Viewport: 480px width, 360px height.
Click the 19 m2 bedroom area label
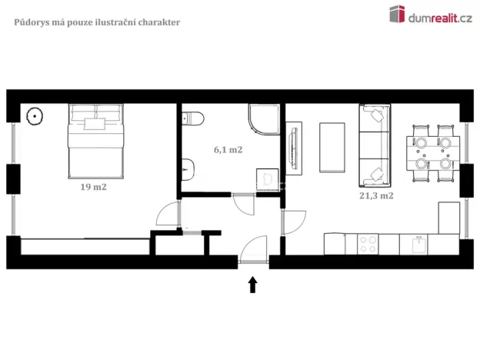click(93, 187)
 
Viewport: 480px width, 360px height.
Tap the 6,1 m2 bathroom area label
click(228, 149)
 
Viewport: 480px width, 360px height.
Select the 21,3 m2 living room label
click(376, 195)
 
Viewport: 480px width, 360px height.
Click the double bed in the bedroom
click(96, 140)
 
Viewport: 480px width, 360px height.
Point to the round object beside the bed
click(35, 117)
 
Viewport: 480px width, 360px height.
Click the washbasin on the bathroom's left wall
click(188, 164)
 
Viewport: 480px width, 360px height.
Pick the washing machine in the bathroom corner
click(266, 178)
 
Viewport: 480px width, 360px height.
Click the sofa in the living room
click(375, 146)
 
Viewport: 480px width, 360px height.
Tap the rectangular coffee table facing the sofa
click(334, 147)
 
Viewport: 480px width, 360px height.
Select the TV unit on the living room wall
click(294, 146)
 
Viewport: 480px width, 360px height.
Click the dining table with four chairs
click(431, 152)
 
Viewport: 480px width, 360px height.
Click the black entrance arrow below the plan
click(252, 285)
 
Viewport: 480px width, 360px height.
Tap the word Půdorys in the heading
click(32, 22)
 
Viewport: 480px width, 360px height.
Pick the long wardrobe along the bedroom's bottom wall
click(85, 246)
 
